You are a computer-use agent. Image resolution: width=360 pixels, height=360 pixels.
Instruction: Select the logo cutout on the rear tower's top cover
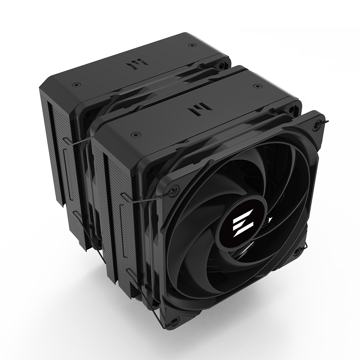pyautogui.click(x=135, y=66)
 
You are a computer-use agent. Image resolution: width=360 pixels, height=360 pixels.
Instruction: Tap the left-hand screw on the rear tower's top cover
pyautogui.click(x=75, y=85)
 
